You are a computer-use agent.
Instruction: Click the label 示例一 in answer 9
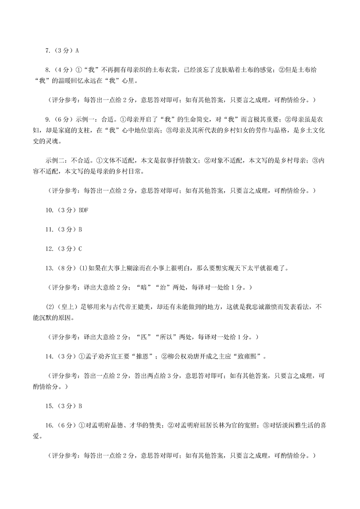pyautogui.click(x=85, y=121)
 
